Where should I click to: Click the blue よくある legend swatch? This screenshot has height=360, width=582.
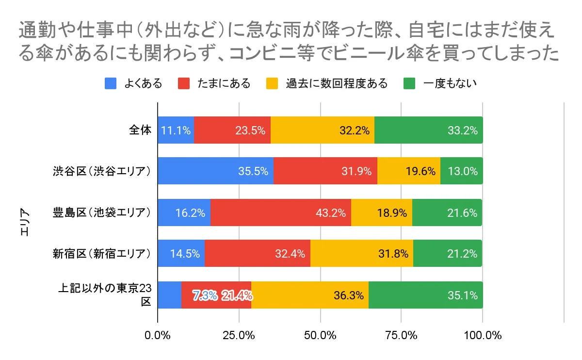click(111, 83)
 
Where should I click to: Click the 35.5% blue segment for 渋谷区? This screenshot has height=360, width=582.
click(215, 171)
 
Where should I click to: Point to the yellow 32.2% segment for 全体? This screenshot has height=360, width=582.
click(322, 130)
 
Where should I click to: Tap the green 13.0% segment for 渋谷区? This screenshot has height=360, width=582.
click(461, 171)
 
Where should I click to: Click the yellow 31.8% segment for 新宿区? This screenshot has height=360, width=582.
click(361, 253)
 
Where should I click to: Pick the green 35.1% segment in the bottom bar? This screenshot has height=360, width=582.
click(425, 295)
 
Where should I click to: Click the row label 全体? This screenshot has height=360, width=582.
click(140, 130)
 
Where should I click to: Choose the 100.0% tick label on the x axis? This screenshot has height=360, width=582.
click(482, 335)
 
